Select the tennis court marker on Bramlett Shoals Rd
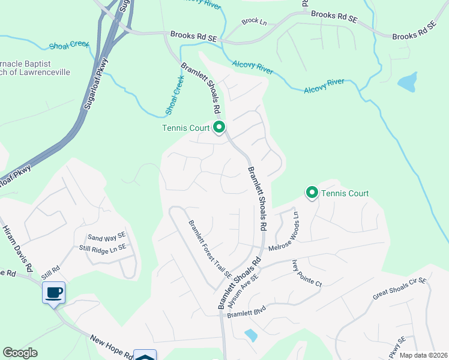pos(219,127)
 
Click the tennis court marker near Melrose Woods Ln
pos(312,193)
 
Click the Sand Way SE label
pos(106,238)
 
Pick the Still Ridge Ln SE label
pos(103,247)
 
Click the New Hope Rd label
pos(112,347)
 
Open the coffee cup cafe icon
pos(54,292)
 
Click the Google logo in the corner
pos(20,353)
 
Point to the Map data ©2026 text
pos(423,355)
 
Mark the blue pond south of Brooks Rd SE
pos(407,82)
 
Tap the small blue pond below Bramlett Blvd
pos(251,335)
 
